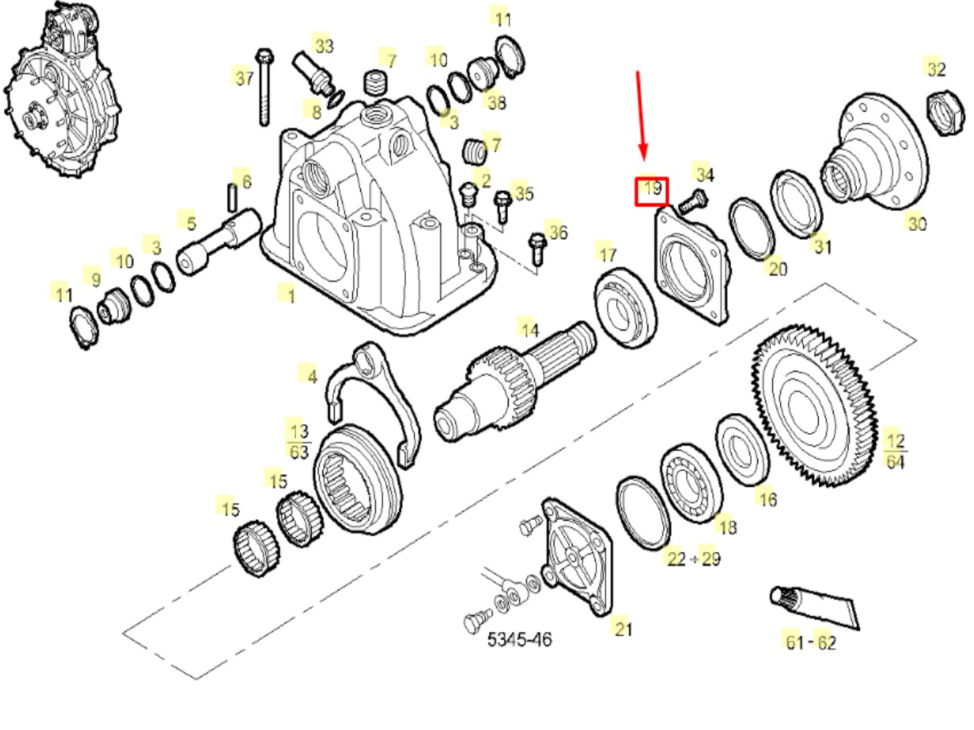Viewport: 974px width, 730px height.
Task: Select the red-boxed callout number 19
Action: (x=651, y=191)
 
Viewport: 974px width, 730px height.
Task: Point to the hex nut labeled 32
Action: (x=944, y=112)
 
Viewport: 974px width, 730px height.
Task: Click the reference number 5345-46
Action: (x=520, y=639)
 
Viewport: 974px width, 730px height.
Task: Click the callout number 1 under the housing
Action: (x=290, y=296)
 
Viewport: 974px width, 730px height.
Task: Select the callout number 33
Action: (x=323, y=46)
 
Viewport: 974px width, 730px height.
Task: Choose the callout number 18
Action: (x=727, y=526)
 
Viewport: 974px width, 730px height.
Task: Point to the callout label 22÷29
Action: (x=693, y=558)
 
